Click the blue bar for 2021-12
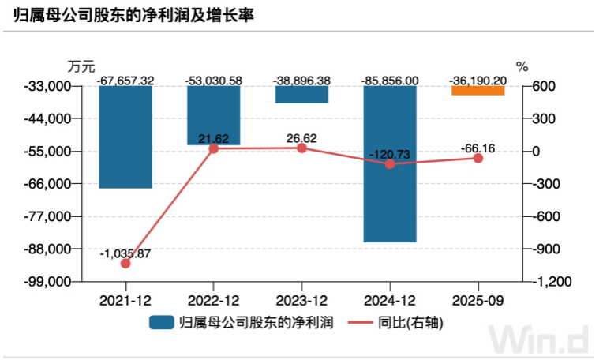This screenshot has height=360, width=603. tap(125, 137)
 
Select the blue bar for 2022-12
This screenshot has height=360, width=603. tap(213, 115)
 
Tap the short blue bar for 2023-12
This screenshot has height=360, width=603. tap(301, 94)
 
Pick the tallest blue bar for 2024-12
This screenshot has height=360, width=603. tap(390, 164)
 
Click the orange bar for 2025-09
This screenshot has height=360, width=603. tap(478, 90)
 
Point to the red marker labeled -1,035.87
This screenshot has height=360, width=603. tap(125, 264)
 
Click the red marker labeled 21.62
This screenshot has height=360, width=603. tap(213, 149)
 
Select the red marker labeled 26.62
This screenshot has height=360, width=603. tap(301, 148)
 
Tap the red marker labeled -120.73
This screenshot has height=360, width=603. tap(390, 164)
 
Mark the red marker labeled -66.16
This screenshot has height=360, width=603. tap(478, 158)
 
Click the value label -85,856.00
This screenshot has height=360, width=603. tap(390, 81)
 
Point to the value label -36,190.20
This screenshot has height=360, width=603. tap(478, 81)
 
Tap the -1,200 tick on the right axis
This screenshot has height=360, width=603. tap(552, 282)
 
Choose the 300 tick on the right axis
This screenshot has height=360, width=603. tap(544, 118)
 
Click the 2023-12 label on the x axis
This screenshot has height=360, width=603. tap(301, 300)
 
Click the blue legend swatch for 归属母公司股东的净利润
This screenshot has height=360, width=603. tap(162, 322)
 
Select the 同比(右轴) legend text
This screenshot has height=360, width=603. tap(410, 322)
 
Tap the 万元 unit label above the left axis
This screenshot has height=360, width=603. tap(81, 66)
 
